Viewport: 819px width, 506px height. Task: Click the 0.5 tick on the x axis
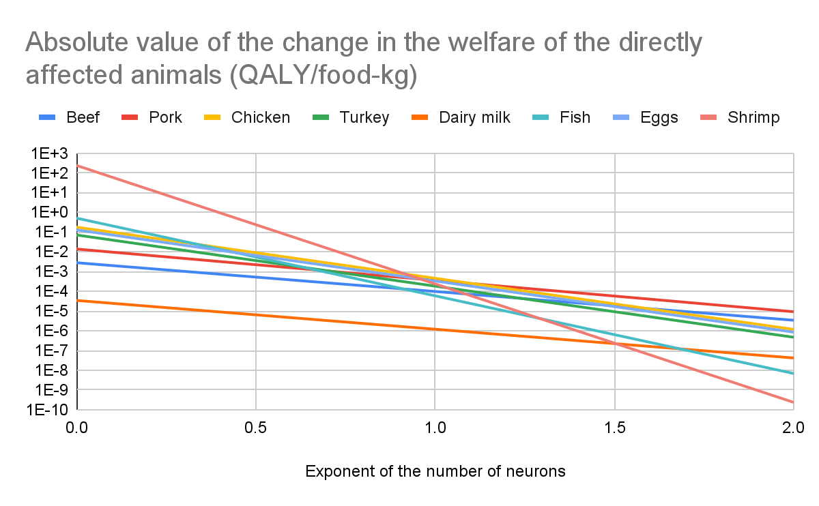[x=256, y=429]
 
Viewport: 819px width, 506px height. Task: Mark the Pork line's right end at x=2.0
[x=793, y=312]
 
